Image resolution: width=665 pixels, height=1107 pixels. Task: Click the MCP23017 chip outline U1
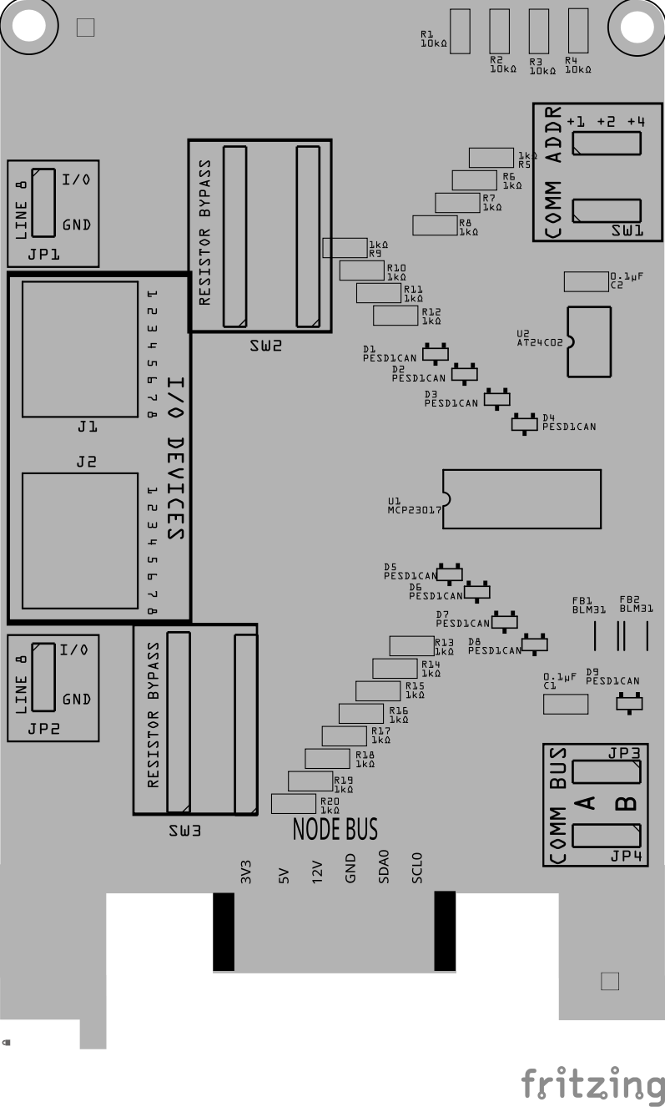pos(521,498)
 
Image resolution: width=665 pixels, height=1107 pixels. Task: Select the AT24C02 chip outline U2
pos(588,341)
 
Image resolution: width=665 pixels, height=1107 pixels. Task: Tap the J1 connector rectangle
pos(79,348)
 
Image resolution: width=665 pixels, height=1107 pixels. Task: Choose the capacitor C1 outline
pos(565,704)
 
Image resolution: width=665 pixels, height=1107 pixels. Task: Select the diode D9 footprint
pos(628,703)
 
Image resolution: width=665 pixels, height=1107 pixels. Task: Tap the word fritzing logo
pos(592,1084)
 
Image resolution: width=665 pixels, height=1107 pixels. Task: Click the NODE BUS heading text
pos(335,829)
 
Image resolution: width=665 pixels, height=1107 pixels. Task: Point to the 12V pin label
pos(317,872)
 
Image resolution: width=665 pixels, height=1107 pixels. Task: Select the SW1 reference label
pos(627,230)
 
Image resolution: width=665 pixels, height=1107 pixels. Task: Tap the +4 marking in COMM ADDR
pos(636,122)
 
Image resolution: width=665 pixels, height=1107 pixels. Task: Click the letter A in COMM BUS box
pos(586,803)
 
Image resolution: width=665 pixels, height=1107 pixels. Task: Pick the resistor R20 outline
pos(293,803)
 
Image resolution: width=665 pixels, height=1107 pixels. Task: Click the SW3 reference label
pos(184,832)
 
